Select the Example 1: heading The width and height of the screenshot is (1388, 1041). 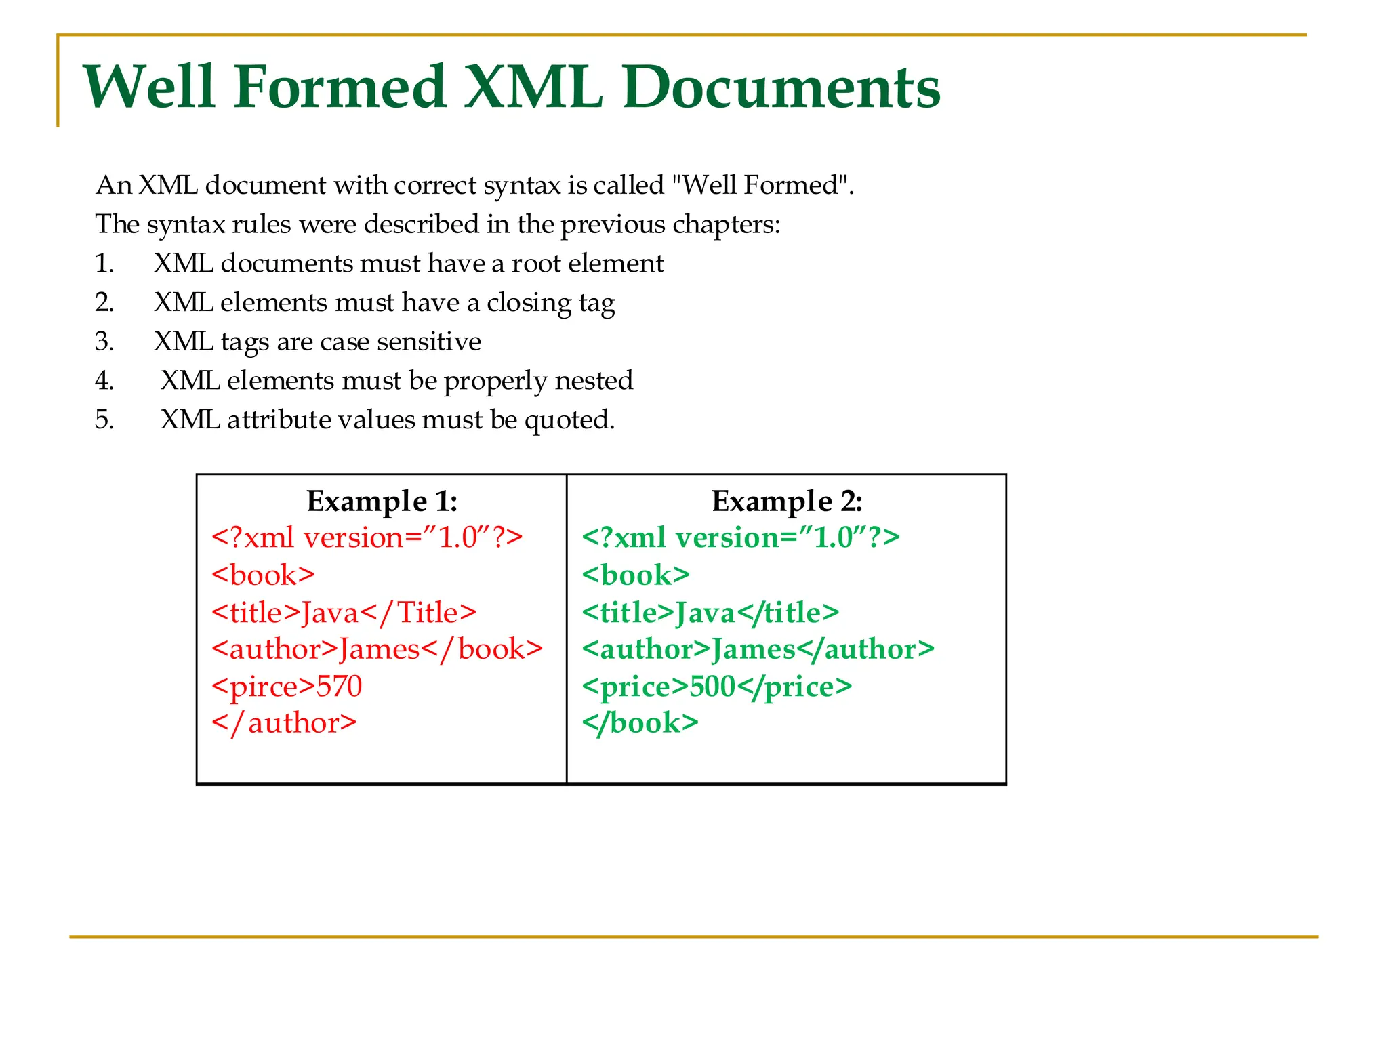(382, 502)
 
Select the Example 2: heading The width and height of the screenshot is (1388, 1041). (786, 502)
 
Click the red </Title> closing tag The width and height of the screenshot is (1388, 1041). (418, 613)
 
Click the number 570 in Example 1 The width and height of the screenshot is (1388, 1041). (340, 686)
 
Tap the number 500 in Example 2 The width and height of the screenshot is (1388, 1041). (712, 687)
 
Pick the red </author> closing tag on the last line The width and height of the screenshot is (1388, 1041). (284, 723)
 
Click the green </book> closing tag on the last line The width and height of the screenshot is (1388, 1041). (640, 723)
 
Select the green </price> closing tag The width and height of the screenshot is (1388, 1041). (794, 687)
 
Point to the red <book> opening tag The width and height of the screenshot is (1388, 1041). (263, 575)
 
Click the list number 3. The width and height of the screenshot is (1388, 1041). (104, 342)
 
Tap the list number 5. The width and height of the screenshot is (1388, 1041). (104, 420)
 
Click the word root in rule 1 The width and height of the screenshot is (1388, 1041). (535, 264)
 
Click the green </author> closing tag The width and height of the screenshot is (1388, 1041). (865, 649)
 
